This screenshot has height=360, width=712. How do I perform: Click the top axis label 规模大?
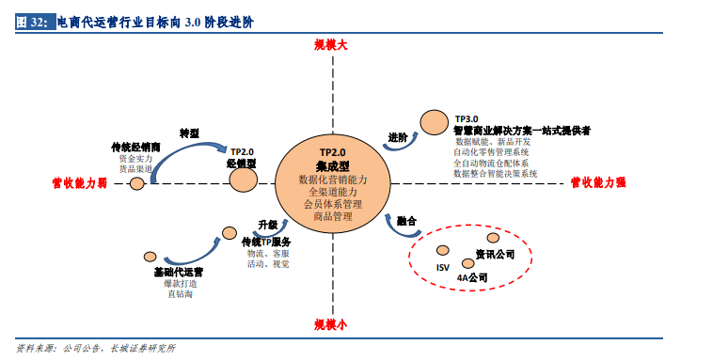pos(332,45)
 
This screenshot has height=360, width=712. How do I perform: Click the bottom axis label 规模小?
pos(331,324)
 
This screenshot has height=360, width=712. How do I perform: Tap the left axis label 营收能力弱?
pos(79,183)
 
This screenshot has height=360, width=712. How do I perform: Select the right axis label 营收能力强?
pos(598,182)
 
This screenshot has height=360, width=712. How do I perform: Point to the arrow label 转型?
pos(189,133)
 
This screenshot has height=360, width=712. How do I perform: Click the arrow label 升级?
pos(267,225)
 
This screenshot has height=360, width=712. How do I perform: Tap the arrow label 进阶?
pos(398,137)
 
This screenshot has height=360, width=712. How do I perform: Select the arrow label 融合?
pos(406,222)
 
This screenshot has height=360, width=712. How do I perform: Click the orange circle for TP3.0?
pos(434,121)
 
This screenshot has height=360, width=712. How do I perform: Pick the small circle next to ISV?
pos(442,250)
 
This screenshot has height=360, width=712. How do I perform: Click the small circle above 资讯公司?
pos(493,238)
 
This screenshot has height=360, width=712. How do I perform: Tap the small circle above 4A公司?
pos(468,263)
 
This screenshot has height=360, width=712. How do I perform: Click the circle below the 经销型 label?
pos(244,180)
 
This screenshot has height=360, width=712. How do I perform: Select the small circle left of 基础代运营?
pos(150,257)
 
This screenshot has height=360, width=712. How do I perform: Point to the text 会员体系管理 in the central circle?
pos(332,203)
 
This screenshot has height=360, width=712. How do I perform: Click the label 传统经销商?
pos(136,148)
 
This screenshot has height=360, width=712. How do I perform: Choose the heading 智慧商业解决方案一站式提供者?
pos(521,131)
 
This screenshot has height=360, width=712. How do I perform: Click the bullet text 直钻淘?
pos(180,294)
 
